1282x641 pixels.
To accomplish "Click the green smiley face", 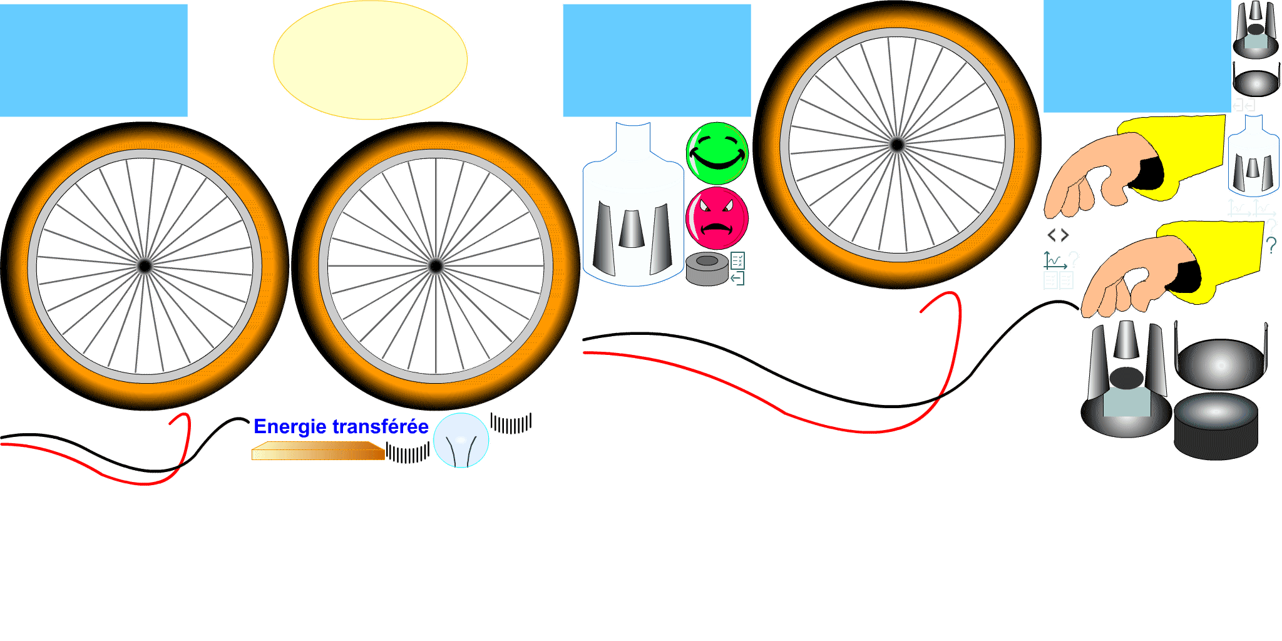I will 717,153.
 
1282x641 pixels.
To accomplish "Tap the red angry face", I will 717,218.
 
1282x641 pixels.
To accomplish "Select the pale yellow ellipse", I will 370,59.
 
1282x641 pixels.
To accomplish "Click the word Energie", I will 290,427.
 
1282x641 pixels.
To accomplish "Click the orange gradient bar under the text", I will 318,451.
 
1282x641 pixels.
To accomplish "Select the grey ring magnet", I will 707,269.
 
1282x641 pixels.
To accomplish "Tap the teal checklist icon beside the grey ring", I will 737,260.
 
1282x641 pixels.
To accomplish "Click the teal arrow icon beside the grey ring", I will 737,278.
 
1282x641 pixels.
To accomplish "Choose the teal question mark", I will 1271,245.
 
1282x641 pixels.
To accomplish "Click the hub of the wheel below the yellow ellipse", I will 436,266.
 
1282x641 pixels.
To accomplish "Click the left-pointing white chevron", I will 1052,237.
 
